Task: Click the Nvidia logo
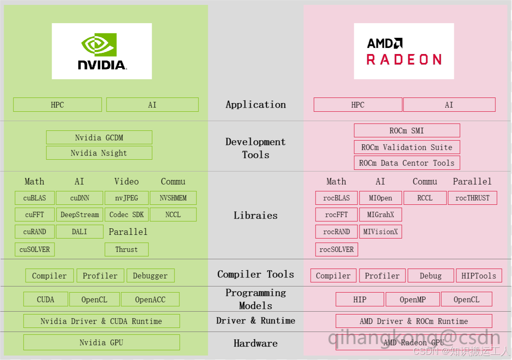102,51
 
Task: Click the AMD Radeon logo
404,51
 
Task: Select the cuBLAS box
35,198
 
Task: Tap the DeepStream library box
80,215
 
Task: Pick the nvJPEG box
126,198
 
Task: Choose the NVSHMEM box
173,198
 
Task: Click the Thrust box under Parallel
126,249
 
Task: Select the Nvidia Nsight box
99,153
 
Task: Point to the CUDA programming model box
46,299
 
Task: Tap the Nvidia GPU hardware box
101,343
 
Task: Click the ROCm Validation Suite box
407,147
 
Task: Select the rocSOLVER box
336,249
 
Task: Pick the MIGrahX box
381,215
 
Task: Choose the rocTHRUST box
472,198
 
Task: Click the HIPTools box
479,275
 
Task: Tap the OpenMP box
412,299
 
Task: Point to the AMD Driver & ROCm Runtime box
414,321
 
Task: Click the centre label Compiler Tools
255,274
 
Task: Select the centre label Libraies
255,215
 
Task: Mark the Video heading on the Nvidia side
126,181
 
